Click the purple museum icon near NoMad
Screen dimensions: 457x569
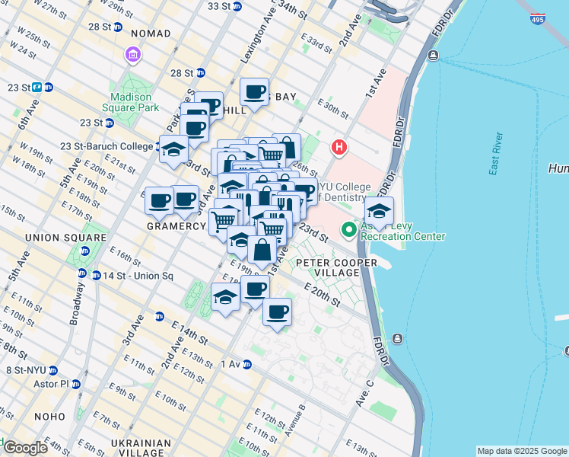133,56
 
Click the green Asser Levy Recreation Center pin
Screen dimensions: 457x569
349,228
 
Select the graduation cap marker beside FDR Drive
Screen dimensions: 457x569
379,211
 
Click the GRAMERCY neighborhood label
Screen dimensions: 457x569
176,226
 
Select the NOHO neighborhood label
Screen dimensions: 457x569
49,417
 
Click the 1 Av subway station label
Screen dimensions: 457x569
231,364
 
